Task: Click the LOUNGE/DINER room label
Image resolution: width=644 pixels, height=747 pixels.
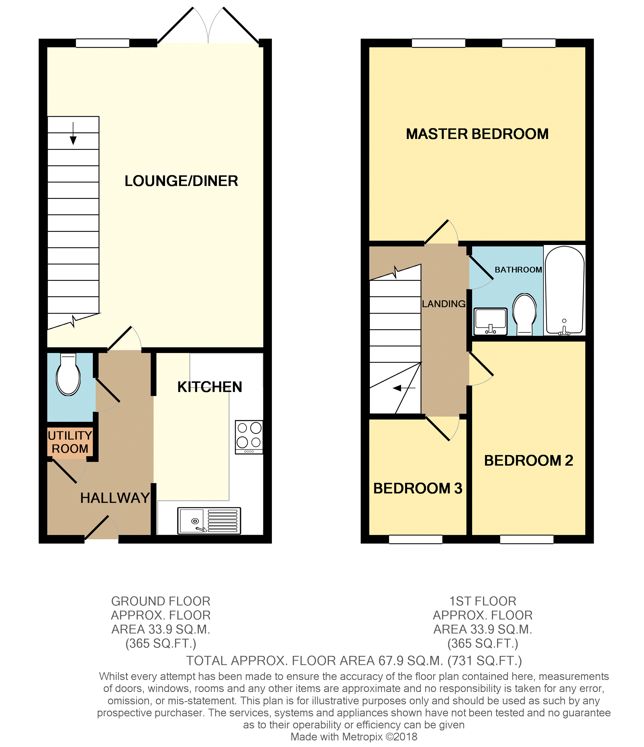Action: [x=181, y=181]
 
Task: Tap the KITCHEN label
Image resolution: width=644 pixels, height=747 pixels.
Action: [x=210, y=387]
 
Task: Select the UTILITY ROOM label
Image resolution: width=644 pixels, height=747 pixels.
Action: [x=70, y=442]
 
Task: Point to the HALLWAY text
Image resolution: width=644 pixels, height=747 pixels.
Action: [x=115, y=498]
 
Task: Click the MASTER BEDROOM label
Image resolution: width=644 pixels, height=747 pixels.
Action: [x=477, y=134]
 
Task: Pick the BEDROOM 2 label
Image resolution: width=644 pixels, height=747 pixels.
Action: [x=528, y=461]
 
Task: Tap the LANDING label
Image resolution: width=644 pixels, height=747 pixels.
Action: [x=444, y=304]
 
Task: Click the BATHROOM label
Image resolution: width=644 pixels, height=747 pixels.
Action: [x=518, y=270]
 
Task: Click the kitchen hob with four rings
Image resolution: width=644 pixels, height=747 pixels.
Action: [x=249, y=437]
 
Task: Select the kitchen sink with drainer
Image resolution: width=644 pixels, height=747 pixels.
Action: [x=209, y=521]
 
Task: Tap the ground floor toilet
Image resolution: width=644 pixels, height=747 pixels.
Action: [x=68, y=374]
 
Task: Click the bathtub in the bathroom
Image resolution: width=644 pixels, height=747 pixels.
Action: [x=564, y=290]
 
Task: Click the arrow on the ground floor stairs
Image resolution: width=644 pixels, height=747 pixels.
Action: [x=73, y=133]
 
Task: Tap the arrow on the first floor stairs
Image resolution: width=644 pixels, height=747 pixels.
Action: [x=404, y=388]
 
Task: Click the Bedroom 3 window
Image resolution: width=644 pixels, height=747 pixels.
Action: [x=416, y=539]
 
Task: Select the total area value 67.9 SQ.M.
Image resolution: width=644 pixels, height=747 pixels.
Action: [x=411, y=661]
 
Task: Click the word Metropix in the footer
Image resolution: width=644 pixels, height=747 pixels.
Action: [x=362, y=737]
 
